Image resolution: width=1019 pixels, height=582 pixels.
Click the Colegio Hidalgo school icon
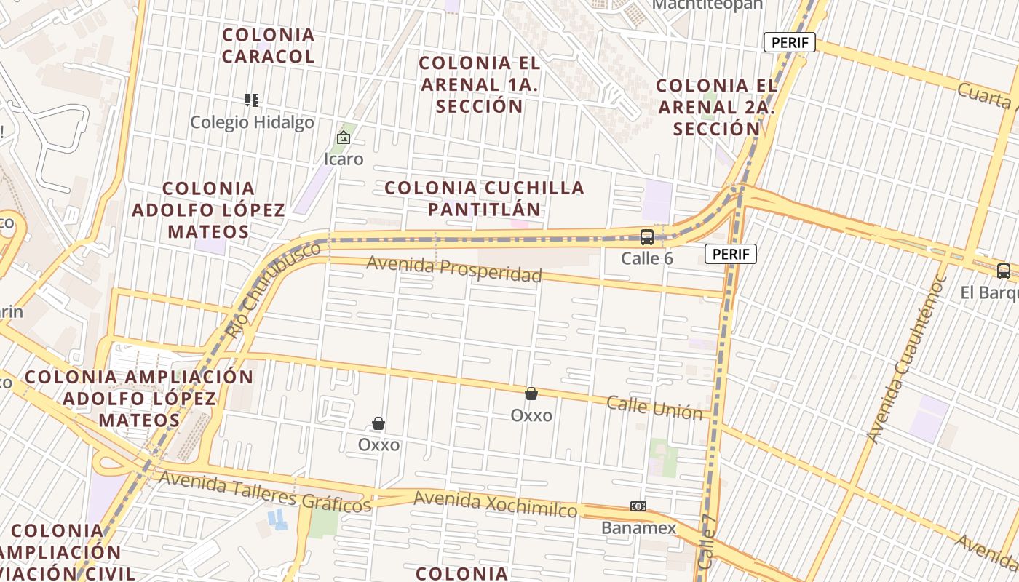(x=252, y=100)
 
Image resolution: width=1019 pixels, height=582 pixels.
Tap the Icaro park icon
(x=343, y=137)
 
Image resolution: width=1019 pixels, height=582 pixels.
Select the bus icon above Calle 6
(x=646, y=236)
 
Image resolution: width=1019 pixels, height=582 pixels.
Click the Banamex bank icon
(x=638, y=506)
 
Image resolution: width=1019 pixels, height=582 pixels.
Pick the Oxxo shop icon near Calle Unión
(x=531, y=394)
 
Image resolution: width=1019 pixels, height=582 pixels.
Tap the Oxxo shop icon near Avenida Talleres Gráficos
(x=378, y=423)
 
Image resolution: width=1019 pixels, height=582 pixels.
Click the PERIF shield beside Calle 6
(x=731, y=254)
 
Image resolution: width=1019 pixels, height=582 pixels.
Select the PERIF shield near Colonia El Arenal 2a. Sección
(x=790, y=42)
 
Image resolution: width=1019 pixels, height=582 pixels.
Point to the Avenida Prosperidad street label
(x=454, y=268)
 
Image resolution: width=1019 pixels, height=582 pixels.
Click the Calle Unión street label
(x=655, y=408)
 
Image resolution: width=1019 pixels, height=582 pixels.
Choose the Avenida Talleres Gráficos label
(x=265, y=491)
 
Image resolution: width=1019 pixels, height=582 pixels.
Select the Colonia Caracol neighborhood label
(x=269, y=45)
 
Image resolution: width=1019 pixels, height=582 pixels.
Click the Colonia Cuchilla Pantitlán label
(x=484, y=198)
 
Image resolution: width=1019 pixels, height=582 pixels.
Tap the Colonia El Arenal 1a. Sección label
(x=480, y=84)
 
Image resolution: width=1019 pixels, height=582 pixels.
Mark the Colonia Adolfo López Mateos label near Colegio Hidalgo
(x=209, y=210)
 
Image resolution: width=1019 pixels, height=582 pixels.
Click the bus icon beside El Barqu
(x=1004, y=271)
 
